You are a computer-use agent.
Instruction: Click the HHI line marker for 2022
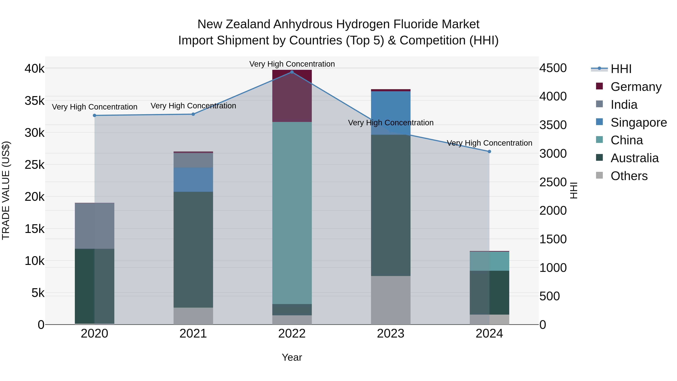pos(292,72)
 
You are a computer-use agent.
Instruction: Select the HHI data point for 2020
pos(95,116)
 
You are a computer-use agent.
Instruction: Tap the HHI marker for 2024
pos(489,152)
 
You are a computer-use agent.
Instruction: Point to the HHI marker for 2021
pos(193,114)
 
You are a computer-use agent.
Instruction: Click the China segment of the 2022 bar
pos(292,213)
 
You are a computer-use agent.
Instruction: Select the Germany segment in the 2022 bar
pos(292,96)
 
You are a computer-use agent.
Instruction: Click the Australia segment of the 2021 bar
pos(193,250)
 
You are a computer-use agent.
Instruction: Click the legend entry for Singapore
pos(639,122)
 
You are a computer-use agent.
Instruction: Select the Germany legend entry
pos(636,87)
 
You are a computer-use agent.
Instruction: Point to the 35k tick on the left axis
pos(34,101)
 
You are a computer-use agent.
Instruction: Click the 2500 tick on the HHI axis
pos(553,182)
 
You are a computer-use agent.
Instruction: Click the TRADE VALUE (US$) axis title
pos(6,190)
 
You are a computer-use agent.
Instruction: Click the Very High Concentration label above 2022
pos(292,64)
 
